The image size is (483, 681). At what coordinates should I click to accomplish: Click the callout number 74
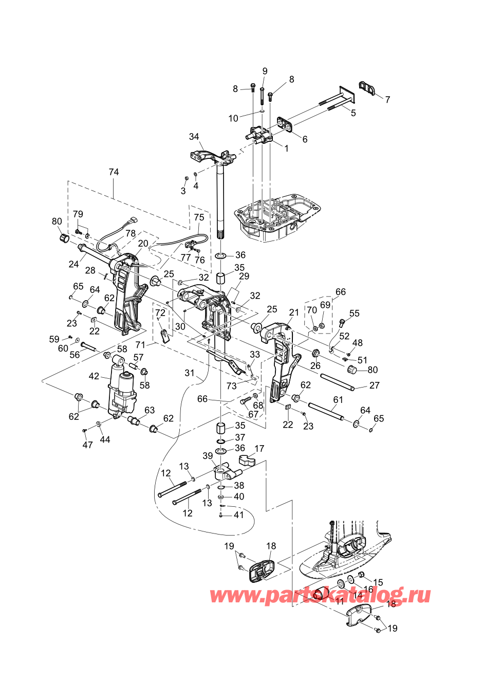pyautogui.click(x=114, y=172)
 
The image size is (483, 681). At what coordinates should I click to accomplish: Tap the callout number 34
pyautogui.click(x=194, y=137)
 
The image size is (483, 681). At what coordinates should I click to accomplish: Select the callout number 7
pyautogui.click(x=387, y=100)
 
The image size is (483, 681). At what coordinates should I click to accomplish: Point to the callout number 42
pyautogui.click(x=94, y=376)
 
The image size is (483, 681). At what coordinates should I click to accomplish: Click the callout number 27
pyautogui.click(x=375, y=385)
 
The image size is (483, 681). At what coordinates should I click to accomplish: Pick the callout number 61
pyautogui.click(x=338, y=400)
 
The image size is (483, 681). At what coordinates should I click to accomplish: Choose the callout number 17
pyautogui.click(x=259, y=449)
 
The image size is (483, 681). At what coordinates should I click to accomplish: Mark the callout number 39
pyautogui.click(x=208, y=456)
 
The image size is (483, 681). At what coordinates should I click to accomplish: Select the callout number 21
pyautogui.click(x=293, y=312)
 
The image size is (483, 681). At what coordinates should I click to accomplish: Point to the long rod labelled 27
pyautogui.click(x=337, y=381)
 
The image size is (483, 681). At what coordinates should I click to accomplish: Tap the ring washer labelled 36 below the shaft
pyautogui.click(x=221, y=256)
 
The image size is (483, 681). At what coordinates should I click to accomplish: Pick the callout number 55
pyautogui.click(x=354, y=314)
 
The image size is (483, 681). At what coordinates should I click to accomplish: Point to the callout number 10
pyautogui.click(x=233, y=118)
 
